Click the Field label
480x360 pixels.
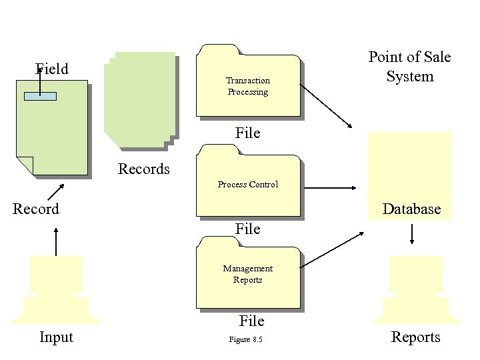tap(51, 69)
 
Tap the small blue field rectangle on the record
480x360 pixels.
tap(40, 96)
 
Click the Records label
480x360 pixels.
tap(143, 169)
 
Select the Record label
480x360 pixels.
tap(36, 209)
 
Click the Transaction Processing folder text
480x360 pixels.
tap(247, 87)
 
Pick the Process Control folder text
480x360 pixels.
tap(247, 185)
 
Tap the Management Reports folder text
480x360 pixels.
tap(247, 274)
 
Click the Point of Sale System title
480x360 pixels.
tap(409, 67)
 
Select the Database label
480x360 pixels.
tap(411, 209)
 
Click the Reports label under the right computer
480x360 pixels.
tap(415, 337)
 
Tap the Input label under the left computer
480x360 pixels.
tap(56, 337)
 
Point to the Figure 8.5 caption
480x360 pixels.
tap(246, 340)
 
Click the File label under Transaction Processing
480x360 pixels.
tap(247, 133)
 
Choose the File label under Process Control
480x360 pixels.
tap(247, 229)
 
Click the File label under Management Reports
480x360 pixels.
tap(251, 321)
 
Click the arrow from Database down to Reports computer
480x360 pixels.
tap(412, 233)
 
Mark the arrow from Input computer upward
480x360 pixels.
tap(55, 241)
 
